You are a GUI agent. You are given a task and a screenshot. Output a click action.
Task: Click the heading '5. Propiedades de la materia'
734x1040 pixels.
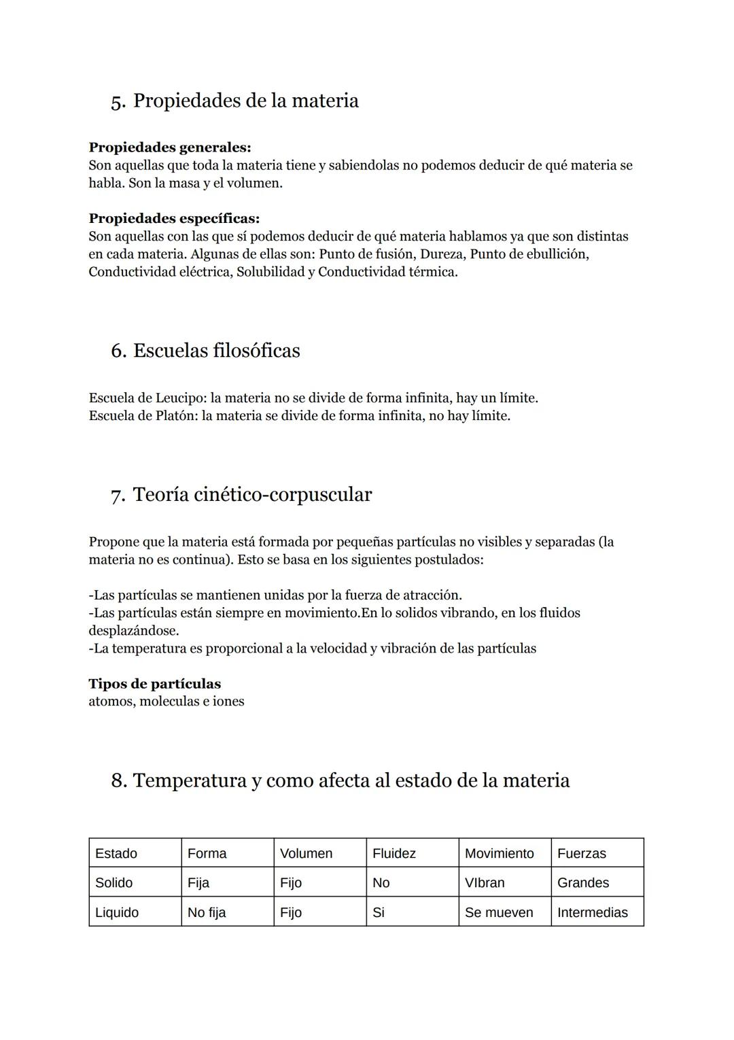pos(234,101)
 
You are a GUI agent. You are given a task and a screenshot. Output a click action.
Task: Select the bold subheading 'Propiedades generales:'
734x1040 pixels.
pos(170,148)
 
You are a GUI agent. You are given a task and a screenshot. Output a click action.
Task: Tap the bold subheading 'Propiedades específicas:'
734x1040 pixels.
pos(174,219)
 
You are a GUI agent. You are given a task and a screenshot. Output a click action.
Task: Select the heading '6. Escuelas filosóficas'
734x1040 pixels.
pos(205,351)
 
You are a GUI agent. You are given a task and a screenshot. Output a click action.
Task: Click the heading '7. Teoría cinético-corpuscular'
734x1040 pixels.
pos(241,495)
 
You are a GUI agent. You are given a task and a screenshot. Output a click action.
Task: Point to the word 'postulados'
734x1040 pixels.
pos(447,560)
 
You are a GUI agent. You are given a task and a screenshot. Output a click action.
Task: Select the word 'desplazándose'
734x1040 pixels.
pos(133,631)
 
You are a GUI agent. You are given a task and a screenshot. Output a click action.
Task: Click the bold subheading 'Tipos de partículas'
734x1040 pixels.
pos(154,684)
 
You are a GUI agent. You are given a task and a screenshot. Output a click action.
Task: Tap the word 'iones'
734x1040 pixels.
pos(228,701)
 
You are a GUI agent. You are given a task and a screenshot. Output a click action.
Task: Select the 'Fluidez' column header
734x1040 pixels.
pos(394,854)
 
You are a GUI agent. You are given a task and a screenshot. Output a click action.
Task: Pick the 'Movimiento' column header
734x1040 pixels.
pos(500,854)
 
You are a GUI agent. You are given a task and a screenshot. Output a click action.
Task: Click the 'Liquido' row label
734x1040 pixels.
pos(117,913)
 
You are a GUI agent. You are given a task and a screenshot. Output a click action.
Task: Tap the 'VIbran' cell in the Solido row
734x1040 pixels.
pos(485,883)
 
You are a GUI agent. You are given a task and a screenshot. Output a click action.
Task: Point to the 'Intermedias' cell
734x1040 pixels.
pos(593,913)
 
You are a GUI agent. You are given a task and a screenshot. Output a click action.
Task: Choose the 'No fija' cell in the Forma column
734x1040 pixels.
pos(207,913)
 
